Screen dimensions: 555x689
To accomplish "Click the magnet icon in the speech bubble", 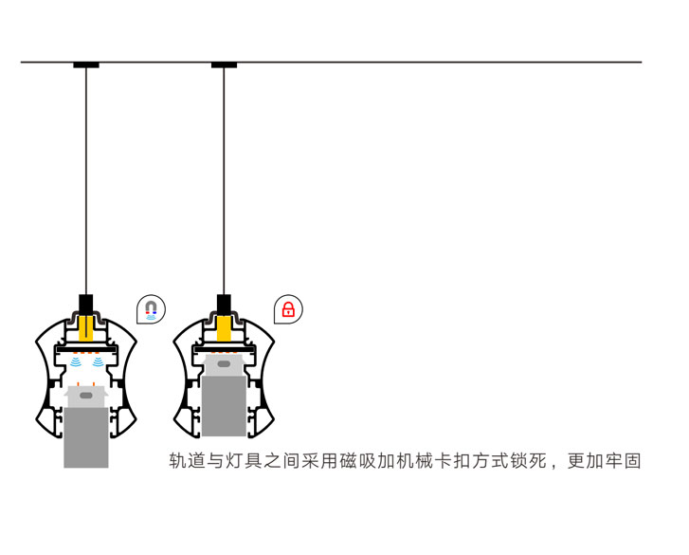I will coord(151,309).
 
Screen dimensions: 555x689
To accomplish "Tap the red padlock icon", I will coord(288,309).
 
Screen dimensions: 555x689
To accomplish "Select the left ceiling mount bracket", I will coord(86,65).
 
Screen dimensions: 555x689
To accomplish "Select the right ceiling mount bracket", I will coord(224,65).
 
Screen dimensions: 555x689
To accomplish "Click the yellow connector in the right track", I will coord(224,328).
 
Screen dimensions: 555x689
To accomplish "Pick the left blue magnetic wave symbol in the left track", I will coord(75,362).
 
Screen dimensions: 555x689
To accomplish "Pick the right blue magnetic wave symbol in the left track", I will coord(98,362).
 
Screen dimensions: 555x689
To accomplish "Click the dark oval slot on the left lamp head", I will coord(86,395).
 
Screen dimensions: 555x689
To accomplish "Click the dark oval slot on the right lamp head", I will coord(224,363).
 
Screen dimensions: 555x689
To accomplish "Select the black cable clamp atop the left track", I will coord(86,305).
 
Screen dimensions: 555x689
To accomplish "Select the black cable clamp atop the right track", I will coord(224,304).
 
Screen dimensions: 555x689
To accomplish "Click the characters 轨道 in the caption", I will coord(188,462).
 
